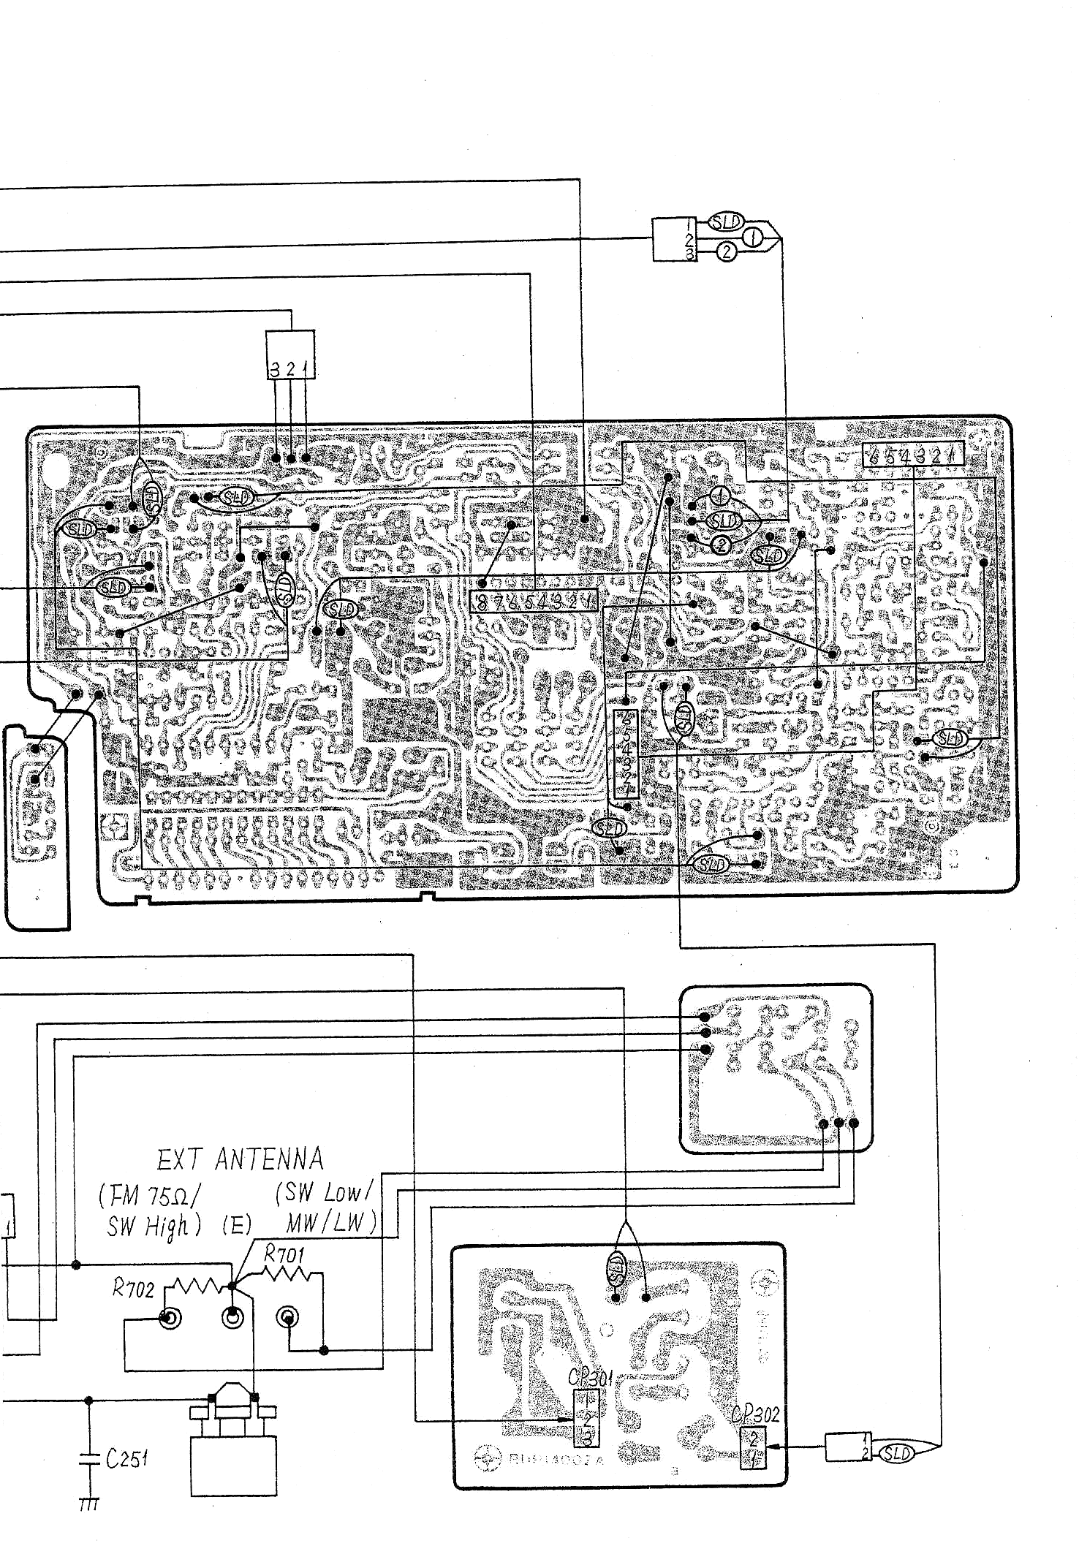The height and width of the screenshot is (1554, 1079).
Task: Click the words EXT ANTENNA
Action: [x=240, y=1159]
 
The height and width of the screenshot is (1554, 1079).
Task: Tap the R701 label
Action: [x=284, y=1254]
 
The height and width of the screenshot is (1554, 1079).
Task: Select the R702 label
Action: [x=133, y=1288]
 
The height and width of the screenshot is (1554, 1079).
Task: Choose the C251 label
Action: [x=126, y=1459]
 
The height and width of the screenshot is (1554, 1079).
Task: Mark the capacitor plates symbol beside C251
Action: [x=88, y=1459]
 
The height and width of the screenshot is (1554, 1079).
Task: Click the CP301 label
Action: [x=589, y=1378]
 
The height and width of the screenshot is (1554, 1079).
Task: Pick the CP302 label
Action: [x=755, y=1414]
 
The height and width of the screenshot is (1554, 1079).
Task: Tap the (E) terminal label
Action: [x=237, y=1225]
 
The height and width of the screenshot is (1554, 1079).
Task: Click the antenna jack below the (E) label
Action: [x=232, y=1318]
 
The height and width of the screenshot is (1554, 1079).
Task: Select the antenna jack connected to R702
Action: [x=170, y=1318]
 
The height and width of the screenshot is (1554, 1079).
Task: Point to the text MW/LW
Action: [x=330, y=1222]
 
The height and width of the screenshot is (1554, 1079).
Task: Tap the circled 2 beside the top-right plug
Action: [x=726, y=252]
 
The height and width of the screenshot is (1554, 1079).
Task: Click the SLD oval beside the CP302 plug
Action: [x=896, y=1453]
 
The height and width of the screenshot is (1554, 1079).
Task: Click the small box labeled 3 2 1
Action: [x=290, y=355]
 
